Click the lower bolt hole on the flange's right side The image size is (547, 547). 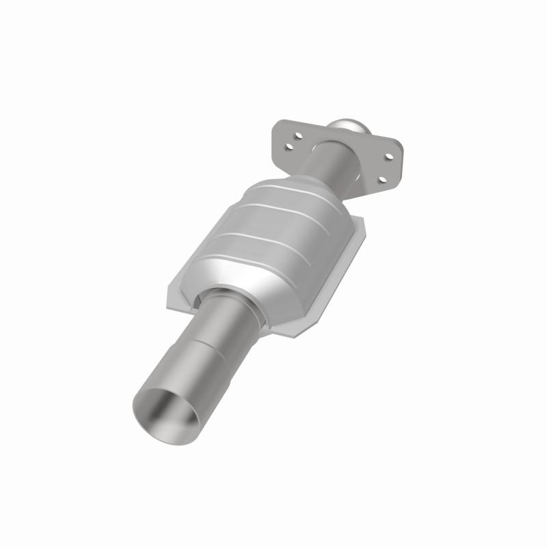(383, 180)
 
